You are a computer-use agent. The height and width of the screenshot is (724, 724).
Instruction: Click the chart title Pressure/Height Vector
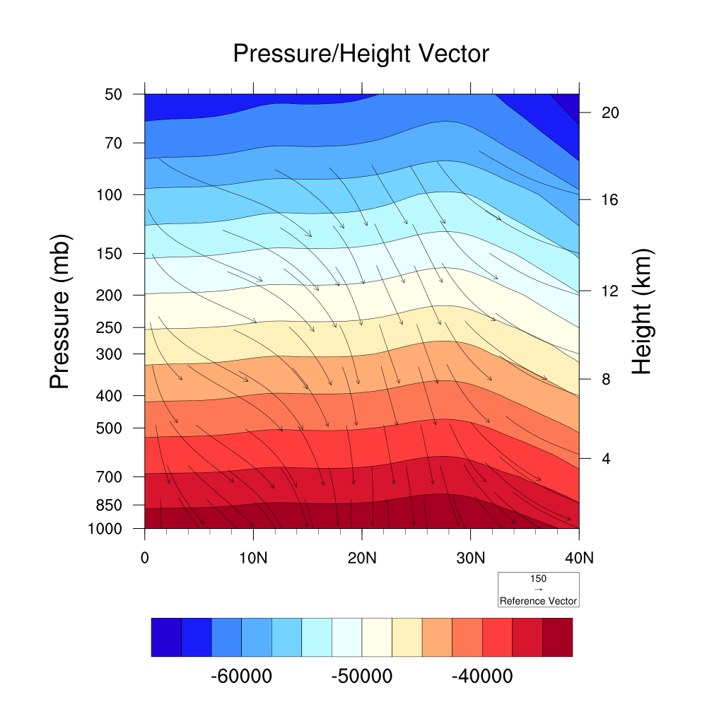361,53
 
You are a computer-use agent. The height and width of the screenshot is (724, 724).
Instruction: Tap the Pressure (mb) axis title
61,312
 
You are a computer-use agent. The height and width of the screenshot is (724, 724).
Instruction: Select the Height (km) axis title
642,312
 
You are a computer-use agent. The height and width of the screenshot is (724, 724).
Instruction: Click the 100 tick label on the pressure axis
110,194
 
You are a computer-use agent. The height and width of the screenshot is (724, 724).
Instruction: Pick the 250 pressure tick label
110,328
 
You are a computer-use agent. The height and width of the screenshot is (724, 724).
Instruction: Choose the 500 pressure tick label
110,428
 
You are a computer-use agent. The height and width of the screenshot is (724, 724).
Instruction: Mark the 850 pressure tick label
110,506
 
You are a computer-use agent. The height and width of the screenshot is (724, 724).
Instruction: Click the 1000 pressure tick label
106,529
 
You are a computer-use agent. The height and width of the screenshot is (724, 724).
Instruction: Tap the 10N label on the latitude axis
253,557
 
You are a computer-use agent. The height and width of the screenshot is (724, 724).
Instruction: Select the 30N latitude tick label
470,557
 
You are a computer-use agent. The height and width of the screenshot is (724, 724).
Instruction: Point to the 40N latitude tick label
579,557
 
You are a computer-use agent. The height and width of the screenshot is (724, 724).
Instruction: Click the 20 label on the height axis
609,113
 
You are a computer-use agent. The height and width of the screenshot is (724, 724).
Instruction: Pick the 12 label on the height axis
609,291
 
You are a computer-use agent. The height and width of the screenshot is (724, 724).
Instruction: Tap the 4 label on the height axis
606,459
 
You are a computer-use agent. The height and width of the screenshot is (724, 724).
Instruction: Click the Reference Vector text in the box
538,601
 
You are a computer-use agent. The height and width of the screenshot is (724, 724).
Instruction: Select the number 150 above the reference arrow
538,578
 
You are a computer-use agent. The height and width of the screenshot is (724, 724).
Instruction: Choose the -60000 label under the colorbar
242,677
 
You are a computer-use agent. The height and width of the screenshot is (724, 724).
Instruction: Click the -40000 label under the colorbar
482,677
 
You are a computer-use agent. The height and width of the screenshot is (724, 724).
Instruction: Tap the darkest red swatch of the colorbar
557,637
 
